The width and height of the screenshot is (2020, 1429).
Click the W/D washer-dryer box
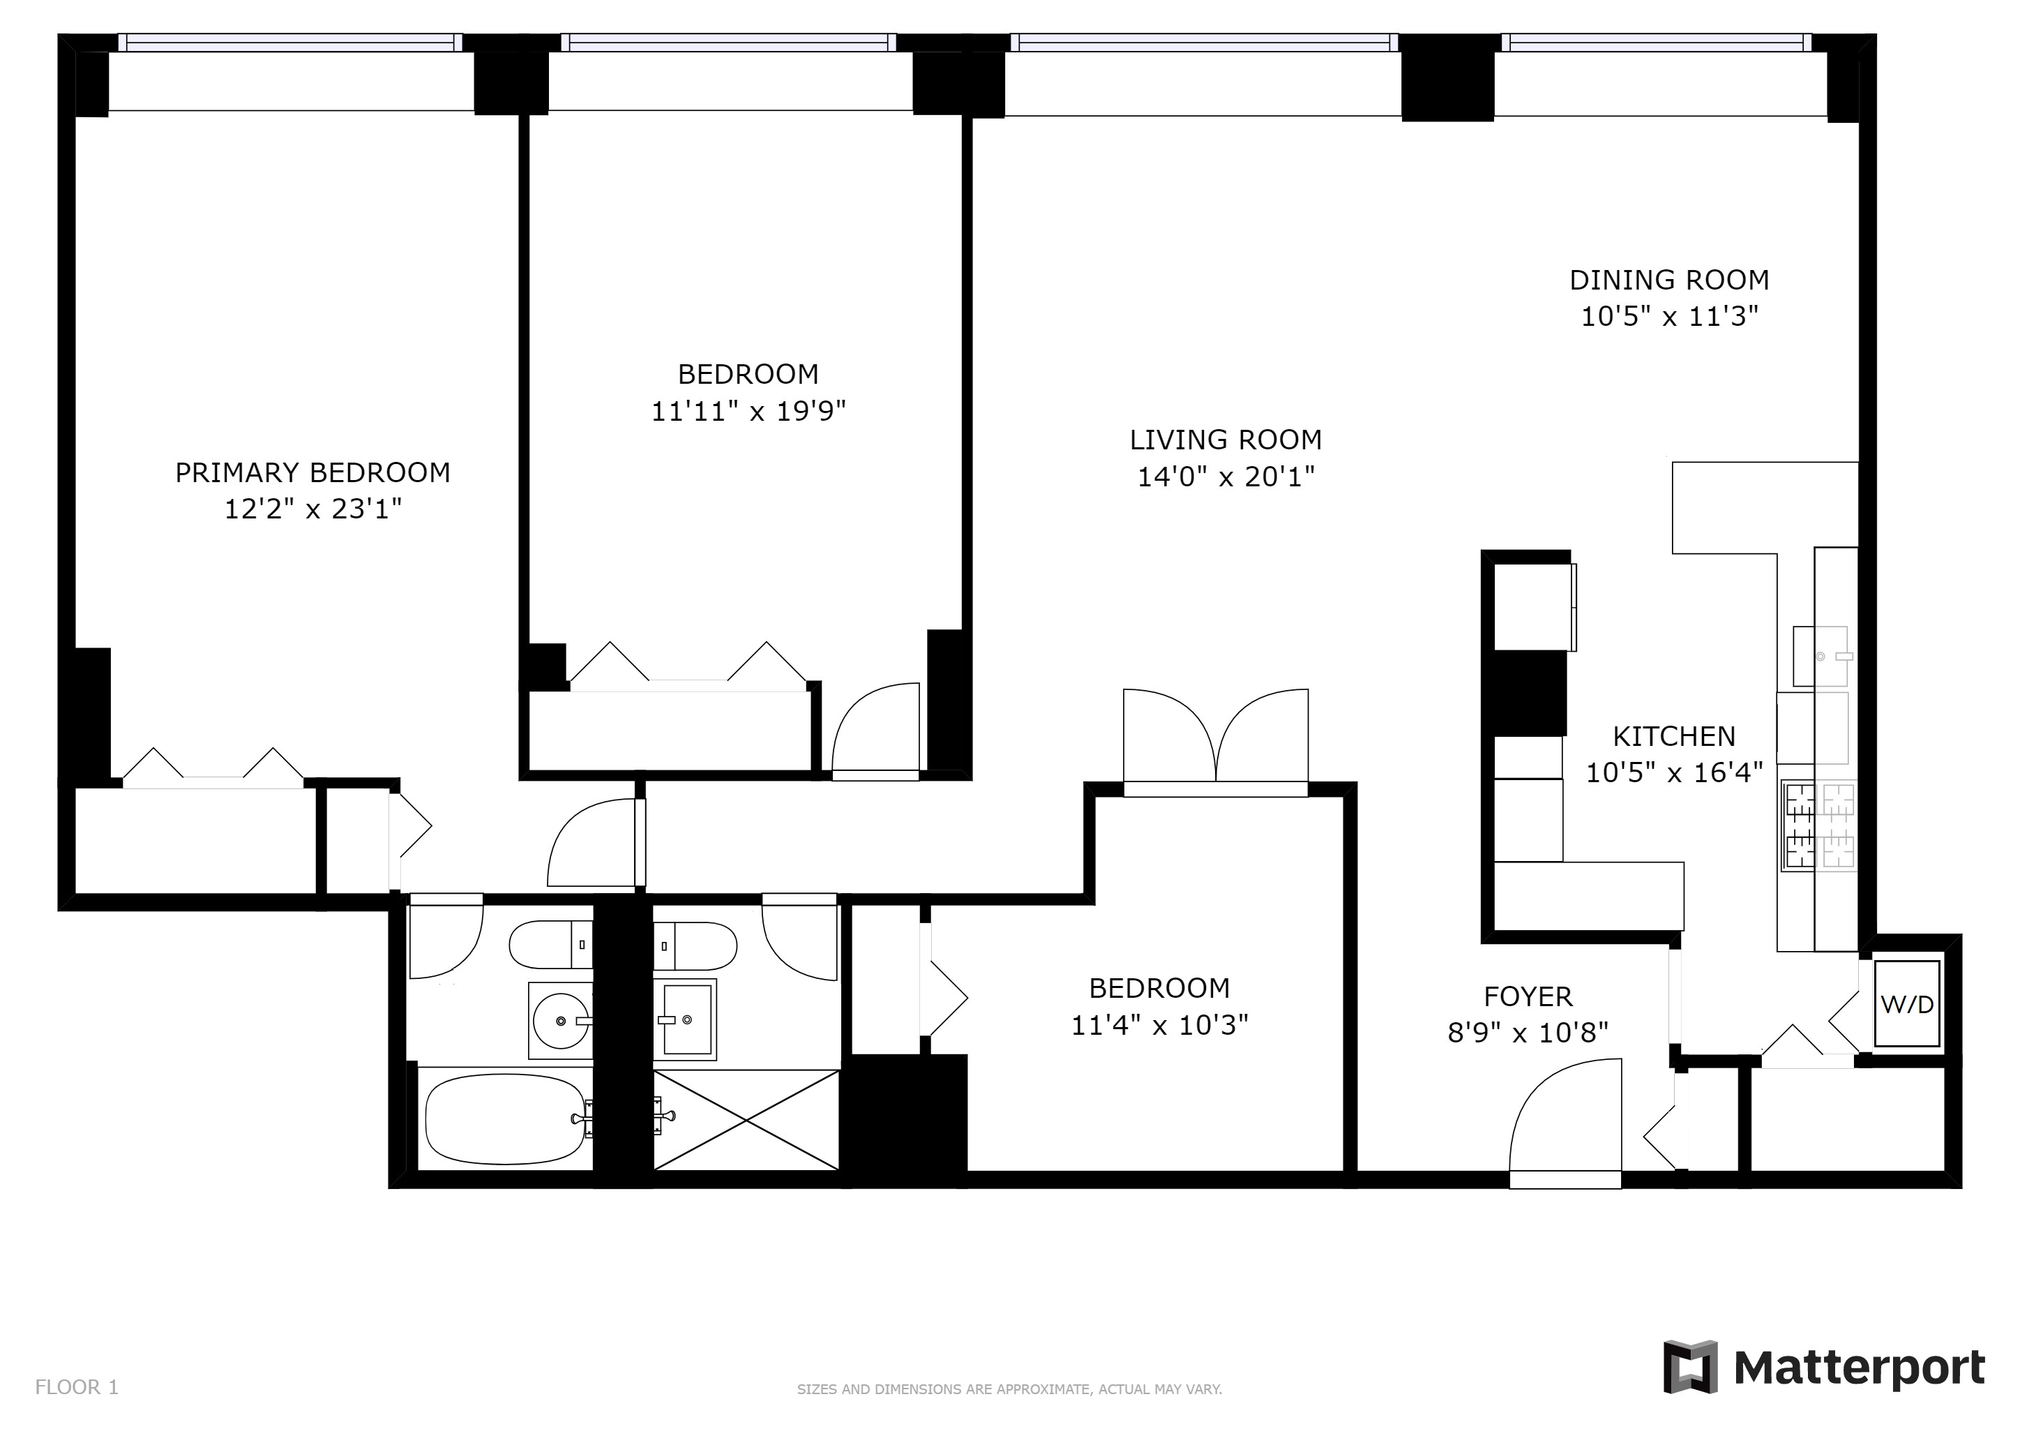coord(1906,1004)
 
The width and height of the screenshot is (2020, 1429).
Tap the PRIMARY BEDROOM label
coord(312,472)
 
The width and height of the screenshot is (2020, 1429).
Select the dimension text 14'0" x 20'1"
coord(1226,477)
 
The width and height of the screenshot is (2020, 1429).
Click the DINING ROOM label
coord(1669,280)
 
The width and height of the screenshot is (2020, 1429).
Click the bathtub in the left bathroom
coord(505,1120)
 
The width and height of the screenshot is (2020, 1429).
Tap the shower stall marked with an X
coord(746,1120)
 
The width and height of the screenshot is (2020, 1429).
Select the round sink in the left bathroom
coord(560,1021)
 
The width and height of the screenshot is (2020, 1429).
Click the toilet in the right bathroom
coord(695,946)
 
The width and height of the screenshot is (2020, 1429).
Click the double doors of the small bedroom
coord(1216,739)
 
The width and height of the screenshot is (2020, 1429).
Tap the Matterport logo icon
coord(1689,1366)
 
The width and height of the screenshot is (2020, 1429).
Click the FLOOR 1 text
coord(77,1388)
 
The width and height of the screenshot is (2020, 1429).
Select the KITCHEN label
coord(1673,735)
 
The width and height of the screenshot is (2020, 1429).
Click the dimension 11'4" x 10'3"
coord(1159,1025)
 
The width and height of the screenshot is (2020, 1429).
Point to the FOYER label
coord(1528,996)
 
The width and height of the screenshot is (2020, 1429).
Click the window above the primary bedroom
coord(289,43)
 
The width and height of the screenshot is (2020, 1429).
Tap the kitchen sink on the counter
coord(1819,657)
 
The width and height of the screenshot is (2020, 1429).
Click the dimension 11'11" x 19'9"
coord(748,411)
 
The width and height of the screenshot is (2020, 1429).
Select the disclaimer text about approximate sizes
coord(1009,1389)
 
